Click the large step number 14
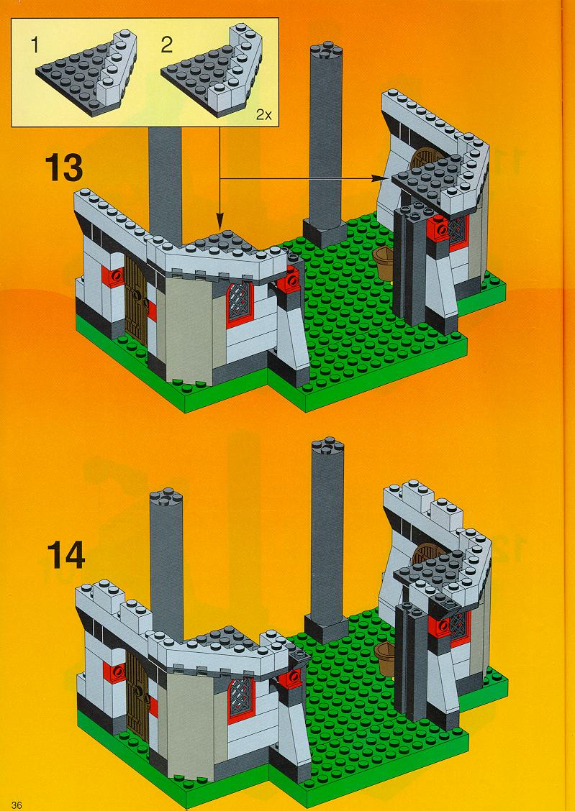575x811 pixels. click(65, 554)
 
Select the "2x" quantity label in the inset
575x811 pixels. click(263, 115)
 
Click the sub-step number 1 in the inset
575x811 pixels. click(35, 45)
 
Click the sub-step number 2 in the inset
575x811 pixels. click(166, 45)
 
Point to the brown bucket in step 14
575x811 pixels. click(384, 658)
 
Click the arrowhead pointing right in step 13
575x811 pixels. click(379, 178)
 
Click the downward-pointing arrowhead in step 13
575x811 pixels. click(220, 224)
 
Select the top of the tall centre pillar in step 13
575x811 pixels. click(326, 50)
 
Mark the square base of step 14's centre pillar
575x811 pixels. click(326, 628)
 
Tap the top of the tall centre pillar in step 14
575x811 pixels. click(327, 446)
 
